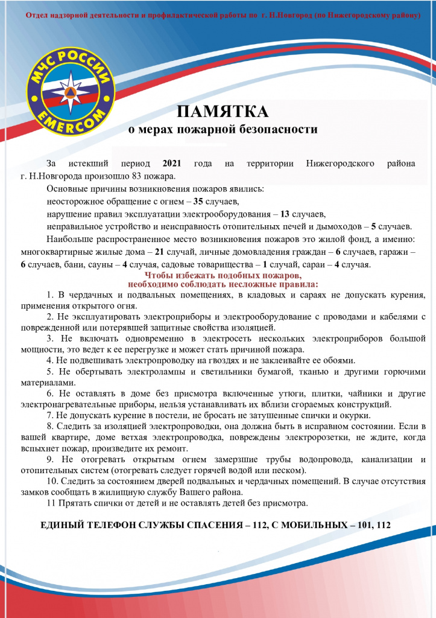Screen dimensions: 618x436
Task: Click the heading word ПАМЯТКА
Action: click(223, 112)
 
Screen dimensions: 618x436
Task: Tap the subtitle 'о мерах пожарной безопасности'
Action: click(224, 129)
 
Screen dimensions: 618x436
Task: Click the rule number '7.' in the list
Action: click(51, 415)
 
